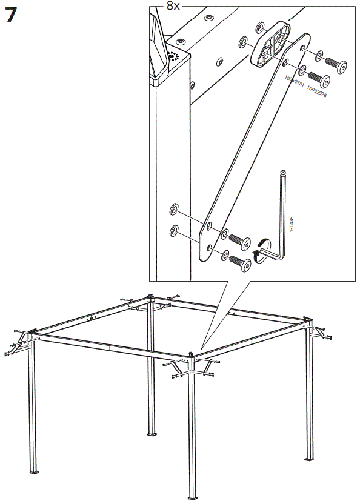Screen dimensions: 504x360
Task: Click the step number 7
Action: (x=11, y=15)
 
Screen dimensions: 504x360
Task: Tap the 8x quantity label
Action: (x=173, y=6)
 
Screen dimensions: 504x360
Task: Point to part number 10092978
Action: (x=316, y=91)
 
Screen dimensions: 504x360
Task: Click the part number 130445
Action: (x=292, y=225)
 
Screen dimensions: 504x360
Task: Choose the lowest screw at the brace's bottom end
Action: (x=239, y=262)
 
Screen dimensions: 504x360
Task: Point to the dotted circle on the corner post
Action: (x=176, y=57)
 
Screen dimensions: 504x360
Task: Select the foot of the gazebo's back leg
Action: (x=150, y=433)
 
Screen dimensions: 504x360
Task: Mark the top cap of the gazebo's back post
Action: (x=150, y=297)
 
